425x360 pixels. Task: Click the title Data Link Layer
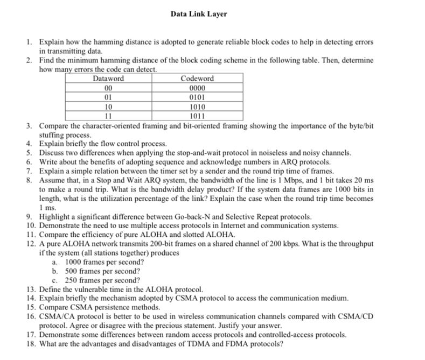click(x=199, y=14)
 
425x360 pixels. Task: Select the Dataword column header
click(x=108, y=79)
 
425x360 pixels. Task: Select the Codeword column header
click(x=197, y=79)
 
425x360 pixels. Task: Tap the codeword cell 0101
click(x=197, y=97)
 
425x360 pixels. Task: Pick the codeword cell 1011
click(x=197, y=116)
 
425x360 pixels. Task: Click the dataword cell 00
click(x=108, y=88)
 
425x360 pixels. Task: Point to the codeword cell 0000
click(x=197, y=88)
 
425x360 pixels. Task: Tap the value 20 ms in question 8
click(x=364, y=180)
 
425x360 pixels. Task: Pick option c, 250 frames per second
click(x=102, y=280)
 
